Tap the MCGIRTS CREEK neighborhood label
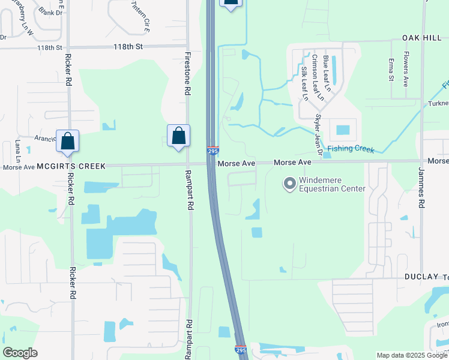71,166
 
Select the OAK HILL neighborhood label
421,37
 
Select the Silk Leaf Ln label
305,83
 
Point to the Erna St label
391,70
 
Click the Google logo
20,353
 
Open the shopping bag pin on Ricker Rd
67,142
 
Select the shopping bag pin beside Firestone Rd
178,136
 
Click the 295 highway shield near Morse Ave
212,152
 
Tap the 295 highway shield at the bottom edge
241,350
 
